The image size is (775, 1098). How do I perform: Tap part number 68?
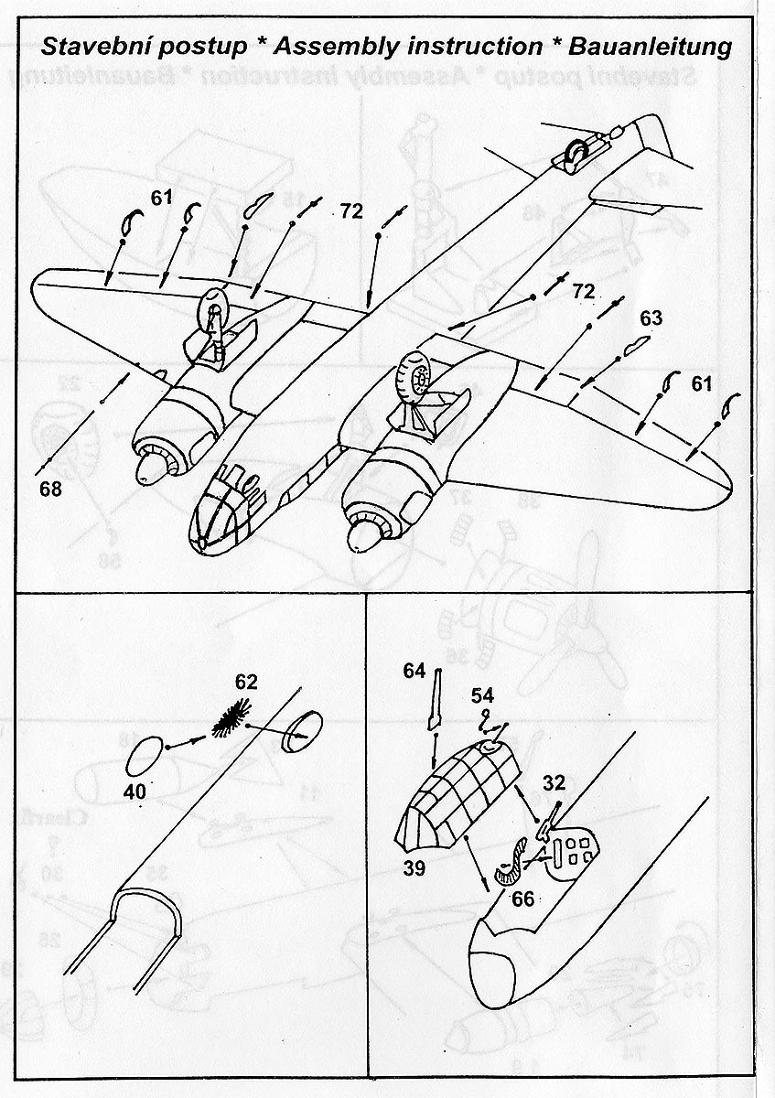pos(50,489)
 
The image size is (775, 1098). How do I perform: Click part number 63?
pos(651,318)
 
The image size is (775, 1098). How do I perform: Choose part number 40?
pos(135,792)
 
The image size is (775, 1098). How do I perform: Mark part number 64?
pos(414,671)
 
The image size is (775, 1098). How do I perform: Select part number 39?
pos(414,868)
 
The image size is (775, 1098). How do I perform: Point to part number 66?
pos(523,899)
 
